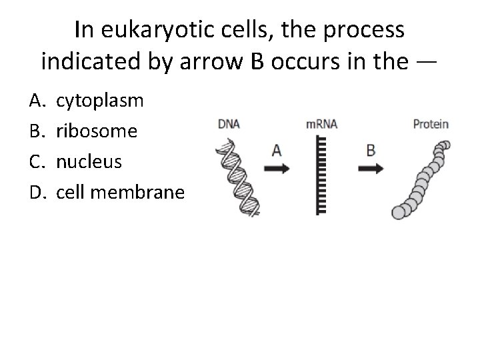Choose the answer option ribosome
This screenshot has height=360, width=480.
(x=97, y=131)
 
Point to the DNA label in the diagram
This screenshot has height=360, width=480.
(x=229, y=124)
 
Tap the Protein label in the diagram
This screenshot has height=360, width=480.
(x=431, y=124)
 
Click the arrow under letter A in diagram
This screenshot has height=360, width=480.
(x=276, y=169)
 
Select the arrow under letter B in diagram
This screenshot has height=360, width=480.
(x=371, y=169)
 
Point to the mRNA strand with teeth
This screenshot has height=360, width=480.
(x=321, y=174)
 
